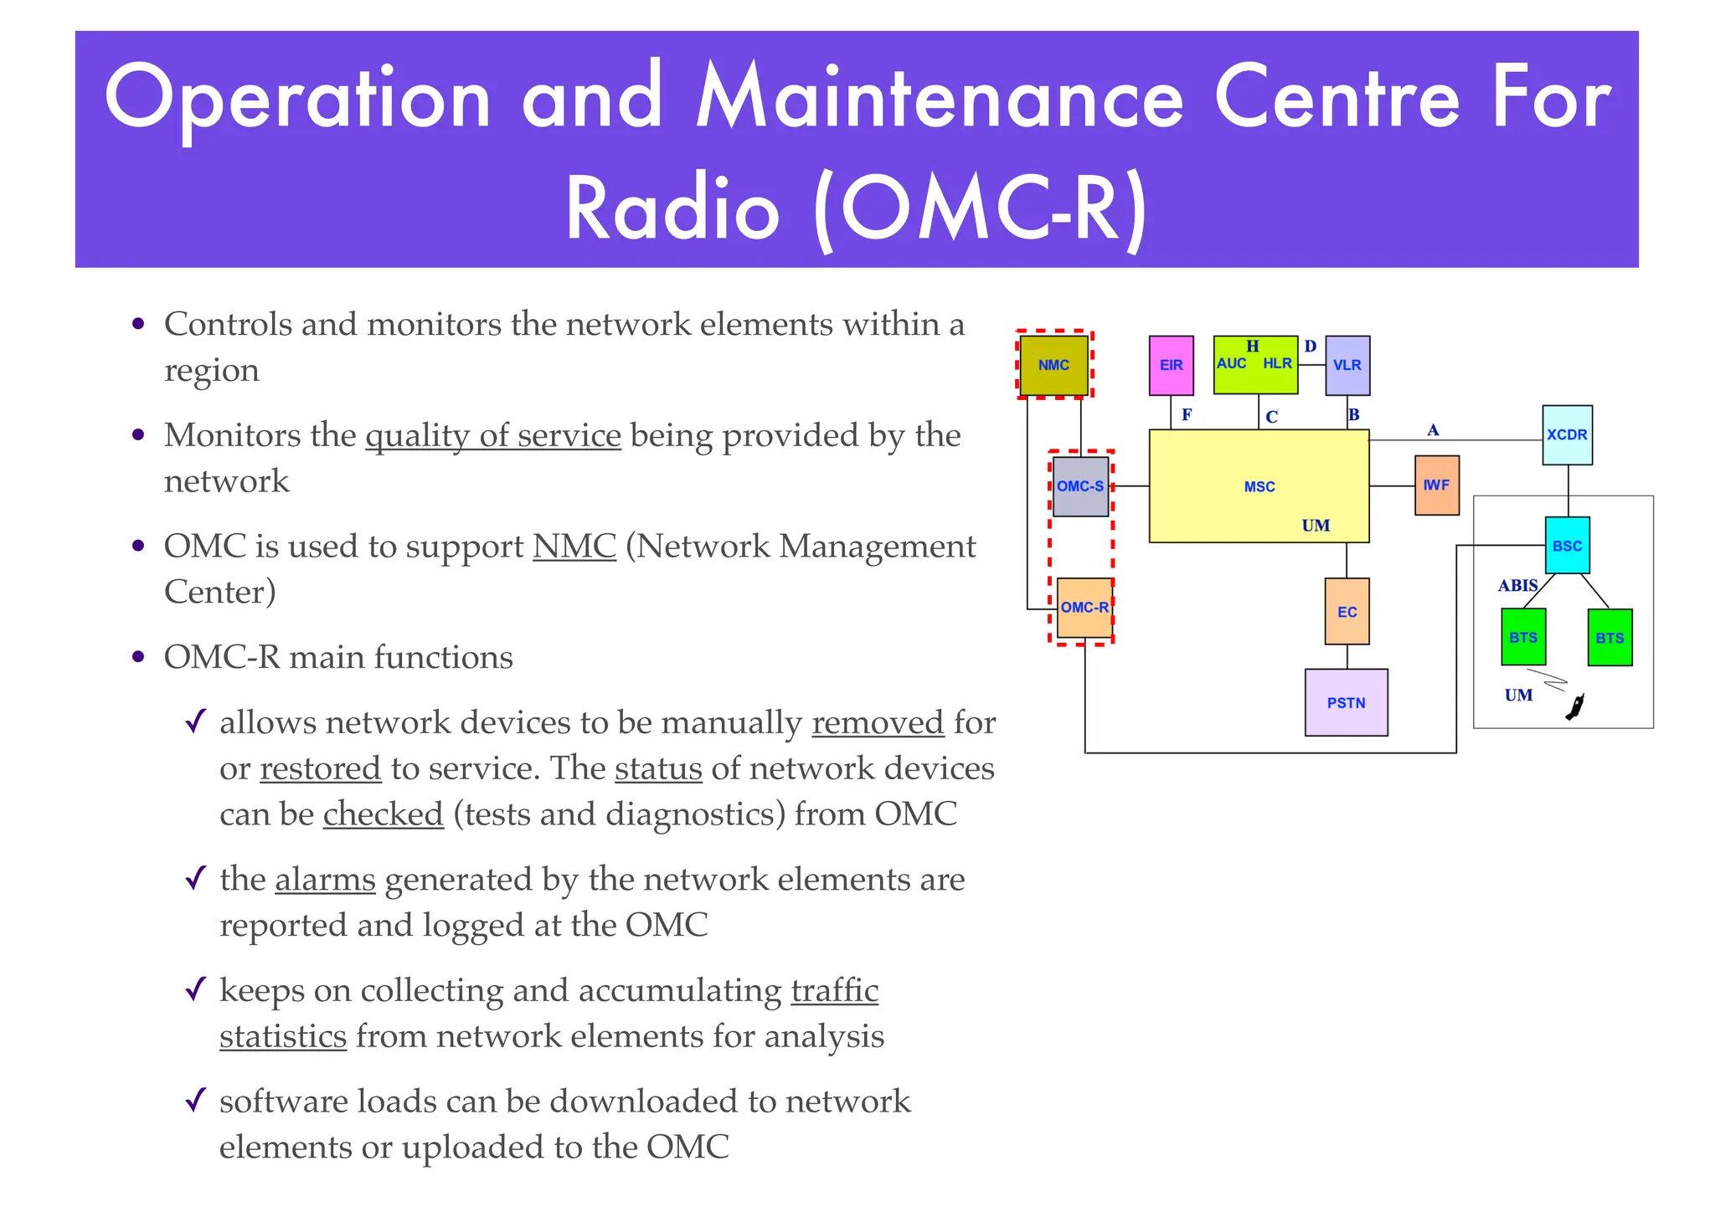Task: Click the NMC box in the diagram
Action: (1053, 365)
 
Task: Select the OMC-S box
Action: (1080, 486)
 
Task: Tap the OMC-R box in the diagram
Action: (1084, 608)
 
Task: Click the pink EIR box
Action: (1171, 365)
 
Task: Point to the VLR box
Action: (1347, 365)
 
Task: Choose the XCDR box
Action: (1567, 435)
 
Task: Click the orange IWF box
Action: (1436, 485)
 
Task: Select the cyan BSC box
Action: (1567, 546)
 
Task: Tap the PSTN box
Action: (1346, 703)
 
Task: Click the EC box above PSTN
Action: (1347, 612)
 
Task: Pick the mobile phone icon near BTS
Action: (1575, 707)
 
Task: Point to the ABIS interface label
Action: (1517, 586)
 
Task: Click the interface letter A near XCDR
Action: (1433, 430)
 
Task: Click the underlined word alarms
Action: (325, 880)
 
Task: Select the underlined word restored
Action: (320, 768)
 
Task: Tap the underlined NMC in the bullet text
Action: (574, 547)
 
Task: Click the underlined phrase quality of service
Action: (493, 436)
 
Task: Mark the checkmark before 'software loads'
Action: (195, 1100)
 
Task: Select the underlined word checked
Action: (383, 814)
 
